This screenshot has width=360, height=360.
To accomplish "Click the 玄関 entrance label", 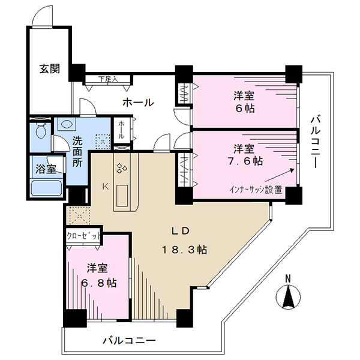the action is [x=50, y=69].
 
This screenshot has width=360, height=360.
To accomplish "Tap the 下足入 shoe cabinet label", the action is [x=109, y=79].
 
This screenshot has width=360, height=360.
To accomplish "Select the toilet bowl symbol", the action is [x=41, y=130].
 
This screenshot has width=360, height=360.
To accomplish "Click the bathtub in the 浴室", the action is [x=46, y=188].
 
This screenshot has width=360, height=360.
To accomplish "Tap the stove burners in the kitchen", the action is [x=122, y=167].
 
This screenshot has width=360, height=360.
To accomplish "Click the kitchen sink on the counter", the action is [x=122, y=196].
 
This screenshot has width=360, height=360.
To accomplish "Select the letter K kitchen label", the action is [x=106, y=187].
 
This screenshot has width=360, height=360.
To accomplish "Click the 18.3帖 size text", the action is [x=185, y=250].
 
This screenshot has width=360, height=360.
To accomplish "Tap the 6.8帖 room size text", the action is [x=99, y=283].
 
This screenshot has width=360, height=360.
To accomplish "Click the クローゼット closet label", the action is [x=83, y=236].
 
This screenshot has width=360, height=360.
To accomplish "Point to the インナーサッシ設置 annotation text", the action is [x=256, y=190].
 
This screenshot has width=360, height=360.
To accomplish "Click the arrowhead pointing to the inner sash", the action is [x=292, y=170].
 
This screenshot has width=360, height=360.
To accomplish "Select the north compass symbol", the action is [x=289, y=297].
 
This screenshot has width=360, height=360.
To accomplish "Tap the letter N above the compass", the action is [x=288, y=278].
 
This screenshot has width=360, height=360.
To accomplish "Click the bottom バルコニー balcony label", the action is [x=129, y=340].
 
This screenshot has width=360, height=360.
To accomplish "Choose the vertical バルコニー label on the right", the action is [x=316, y=142].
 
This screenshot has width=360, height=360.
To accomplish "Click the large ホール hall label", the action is [x=138, y=103].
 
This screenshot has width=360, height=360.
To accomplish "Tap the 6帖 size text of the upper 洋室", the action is [x=245, y=109].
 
